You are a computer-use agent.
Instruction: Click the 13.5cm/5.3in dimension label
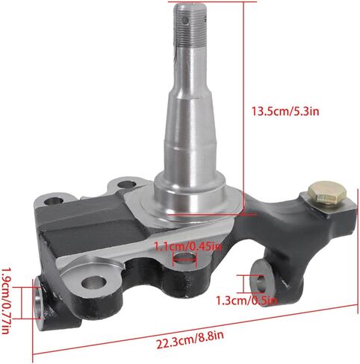point(285,111)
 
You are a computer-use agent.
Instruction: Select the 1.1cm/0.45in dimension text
point(187,247)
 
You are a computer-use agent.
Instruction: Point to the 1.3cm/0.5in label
point(246,301)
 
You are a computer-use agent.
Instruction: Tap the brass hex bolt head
point(327,193)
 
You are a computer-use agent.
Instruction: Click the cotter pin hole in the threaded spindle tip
point(185,20)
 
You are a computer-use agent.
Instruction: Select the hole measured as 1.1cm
point(184,258)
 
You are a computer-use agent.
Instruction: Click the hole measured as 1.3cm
point(261,284)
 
